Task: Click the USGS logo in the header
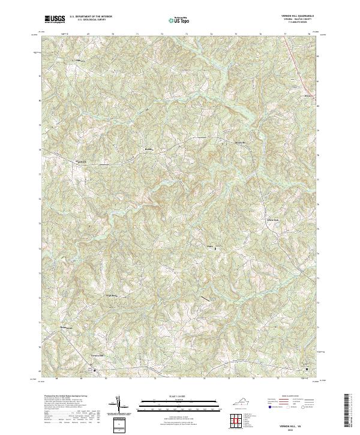pos(55,20)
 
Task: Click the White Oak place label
pos(273,220)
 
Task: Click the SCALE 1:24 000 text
pos(177,396)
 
